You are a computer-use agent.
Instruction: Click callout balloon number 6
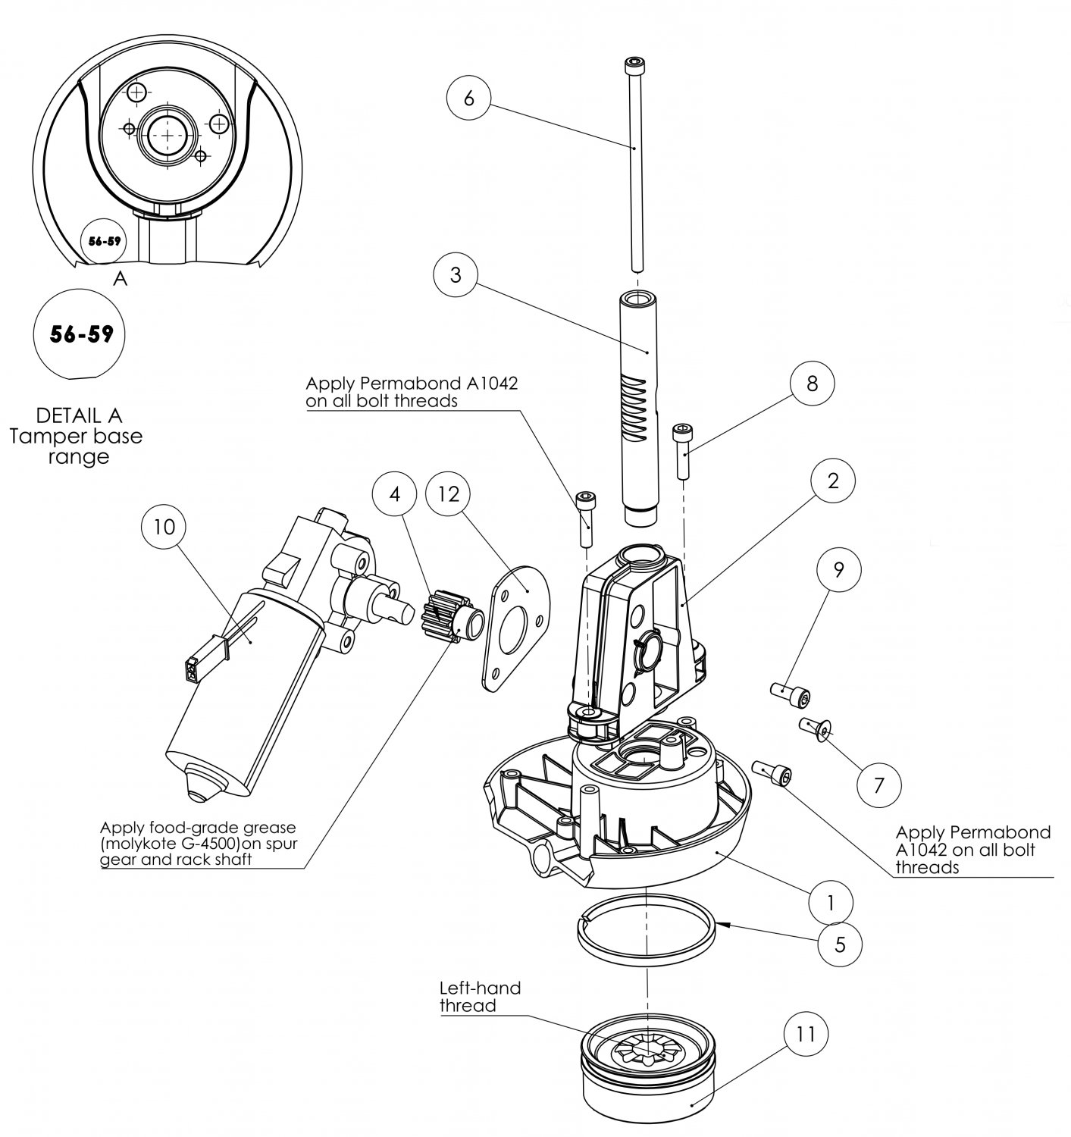pyautogui.click(x=469, y=98)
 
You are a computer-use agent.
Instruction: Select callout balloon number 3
pyautogui.click(x=456, y=275)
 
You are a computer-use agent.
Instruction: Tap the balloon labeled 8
pyautogui.click(x=812, y=383)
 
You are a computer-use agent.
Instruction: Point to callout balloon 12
pyautogui.click(x=449, y=493)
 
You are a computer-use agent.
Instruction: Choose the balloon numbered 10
pyautogui.click(x=164, y=526)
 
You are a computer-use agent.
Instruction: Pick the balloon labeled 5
pyautogui.click(x=840, y=944)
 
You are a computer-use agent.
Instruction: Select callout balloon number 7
pyautogui.click(x=879, y=785)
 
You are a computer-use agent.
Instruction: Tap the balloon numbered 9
pyautogui.click(x=838, y=570)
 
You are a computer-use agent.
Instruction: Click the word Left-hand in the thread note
pyautogui.click(x=480, y=988)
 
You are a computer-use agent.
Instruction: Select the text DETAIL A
pyautogui.click(x=79, y=415)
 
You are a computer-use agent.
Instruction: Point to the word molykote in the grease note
pyautogui.click(x=146, y=844)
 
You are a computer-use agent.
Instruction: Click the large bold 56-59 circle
pyautogui.click(x=80, y=334)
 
